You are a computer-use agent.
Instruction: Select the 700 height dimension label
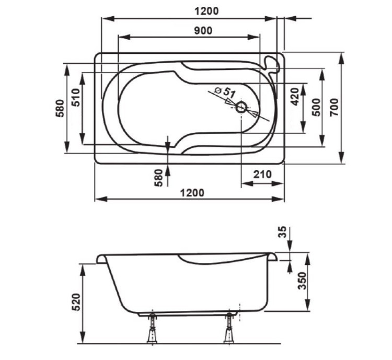click(x=335, y=107)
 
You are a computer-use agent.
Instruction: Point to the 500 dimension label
click(x=316, y=107)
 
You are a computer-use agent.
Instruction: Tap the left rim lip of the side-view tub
click(x=102, y=259)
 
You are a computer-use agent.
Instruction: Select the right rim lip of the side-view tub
click(x=273, y=257)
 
